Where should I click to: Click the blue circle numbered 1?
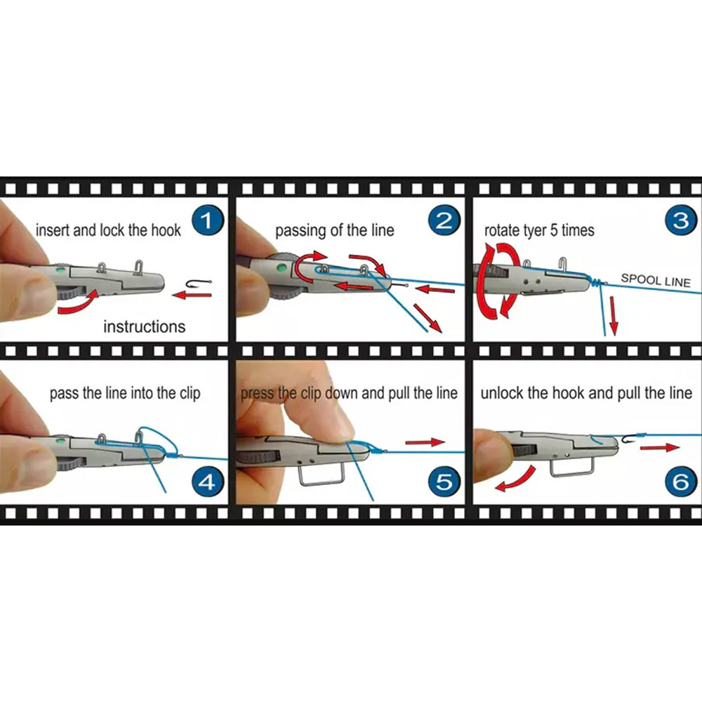click(207, 220)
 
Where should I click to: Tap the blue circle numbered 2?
click(444, 220)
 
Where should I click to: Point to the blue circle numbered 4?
click(207, 482)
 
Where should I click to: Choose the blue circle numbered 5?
click(444, 482)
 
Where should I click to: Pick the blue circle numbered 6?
click(681, 482)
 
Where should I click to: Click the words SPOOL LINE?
click(656, 280)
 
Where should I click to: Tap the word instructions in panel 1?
click(144, 326)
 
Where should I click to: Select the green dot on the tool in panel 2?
click(282, 268)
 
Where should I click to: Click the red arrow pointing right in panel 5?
click(425, 442)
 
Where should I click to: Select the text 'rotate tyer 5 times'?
click(539, 230)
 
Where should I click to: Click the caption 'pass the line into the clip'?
click(125, 393)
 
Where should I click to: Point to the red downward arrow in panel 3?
click(614, 316)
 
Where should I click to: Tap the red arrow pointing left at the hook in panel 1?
click(192, 295)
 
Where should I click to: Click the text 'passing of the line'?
click(334, 230)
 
